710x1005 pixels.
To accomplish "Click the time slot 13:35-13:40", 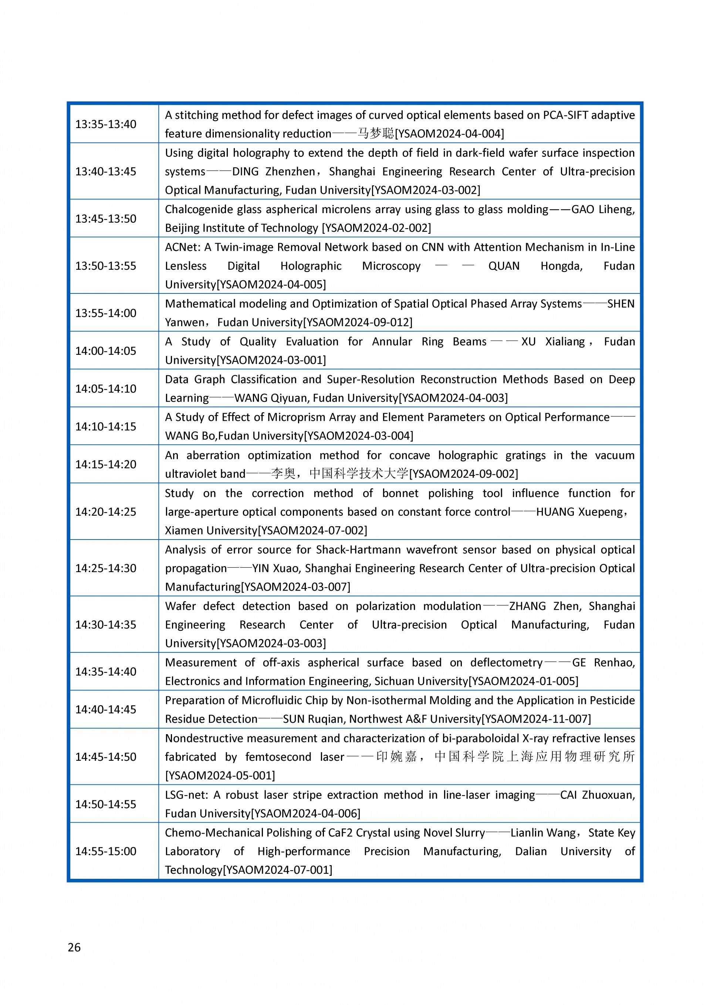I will point(106,124).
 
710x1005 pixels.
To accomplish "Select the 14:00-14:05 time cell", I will point(106,351).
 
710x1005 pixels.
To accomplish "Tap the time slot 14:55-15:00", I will point(106,851).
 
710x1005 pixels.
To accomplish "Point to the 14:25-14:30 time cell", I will point(106,568).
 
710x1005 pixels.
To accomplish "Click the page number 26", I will point(74,948).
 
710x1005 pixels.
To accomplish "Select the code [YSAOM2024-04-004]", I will point(449,134).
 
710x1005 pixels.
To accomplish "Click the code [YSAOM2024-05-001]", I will point(220,776).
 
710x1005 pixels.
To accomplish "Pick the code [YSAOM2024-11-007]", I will point(536,719).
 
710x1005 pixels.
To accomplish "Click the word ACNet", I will point(182,247).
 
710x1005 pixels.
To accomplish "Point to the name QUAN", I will point(504,266).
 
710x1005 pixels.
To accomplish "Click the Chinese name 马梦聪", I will point(376,134).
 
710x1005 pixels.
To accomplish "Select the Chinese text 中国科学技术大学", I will point(359,474).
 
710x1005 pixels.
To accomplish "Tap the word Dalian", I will point(531,851).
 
